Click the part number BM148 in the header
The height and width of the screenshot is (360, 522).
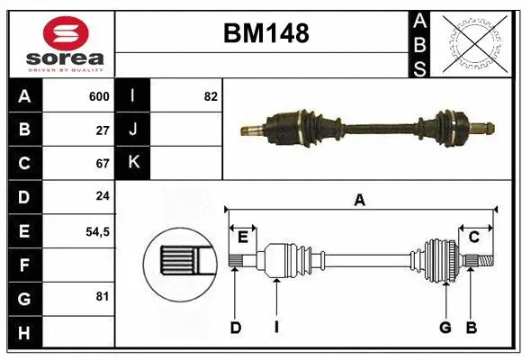coord(265,33)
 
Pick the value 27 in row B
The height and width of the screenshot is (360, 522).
coord(103,130)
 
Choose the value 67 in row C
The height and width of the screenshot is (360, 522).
coord(103,164)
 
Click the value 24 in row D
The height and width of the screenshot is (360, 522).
coord(103,197)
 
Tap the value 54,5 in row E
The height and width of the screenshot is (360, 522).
coord(97,231)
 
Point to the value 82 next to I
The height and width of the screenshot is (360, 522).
coord(211,96)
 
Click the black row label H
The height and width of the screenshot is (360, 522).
coord(24,332)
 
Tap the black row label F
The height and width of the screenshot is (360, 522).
coord(24,265)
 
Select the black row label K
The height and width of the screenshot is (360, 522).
coord(132,163)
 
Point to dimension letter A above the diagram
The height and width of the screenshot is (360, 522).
coord(359,201)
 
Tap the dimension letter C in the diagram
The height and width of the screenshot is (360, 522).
coord(472,237)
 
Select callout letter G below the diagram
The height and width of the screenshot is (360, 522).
coord(445,328)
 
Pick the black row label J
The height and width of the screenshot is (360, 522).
coord(132,130)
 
